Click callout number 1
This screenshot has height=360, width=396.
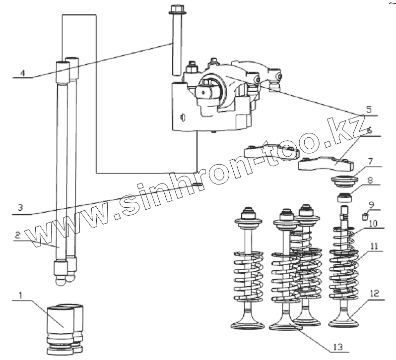(20, 296)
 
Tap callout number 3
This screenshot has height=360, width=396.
(19, 208)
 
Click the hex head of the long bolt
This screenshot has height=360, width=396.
(177, 10)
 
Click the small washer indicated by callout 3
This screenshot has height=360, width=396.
(198, 185)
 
